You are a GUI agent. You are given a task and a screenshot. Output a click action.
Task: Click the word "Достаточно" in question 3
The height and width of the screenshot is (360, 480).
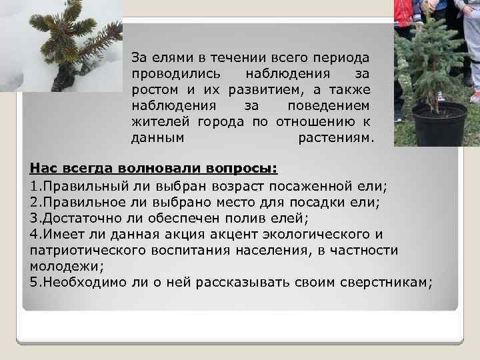tap(78, 217)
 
